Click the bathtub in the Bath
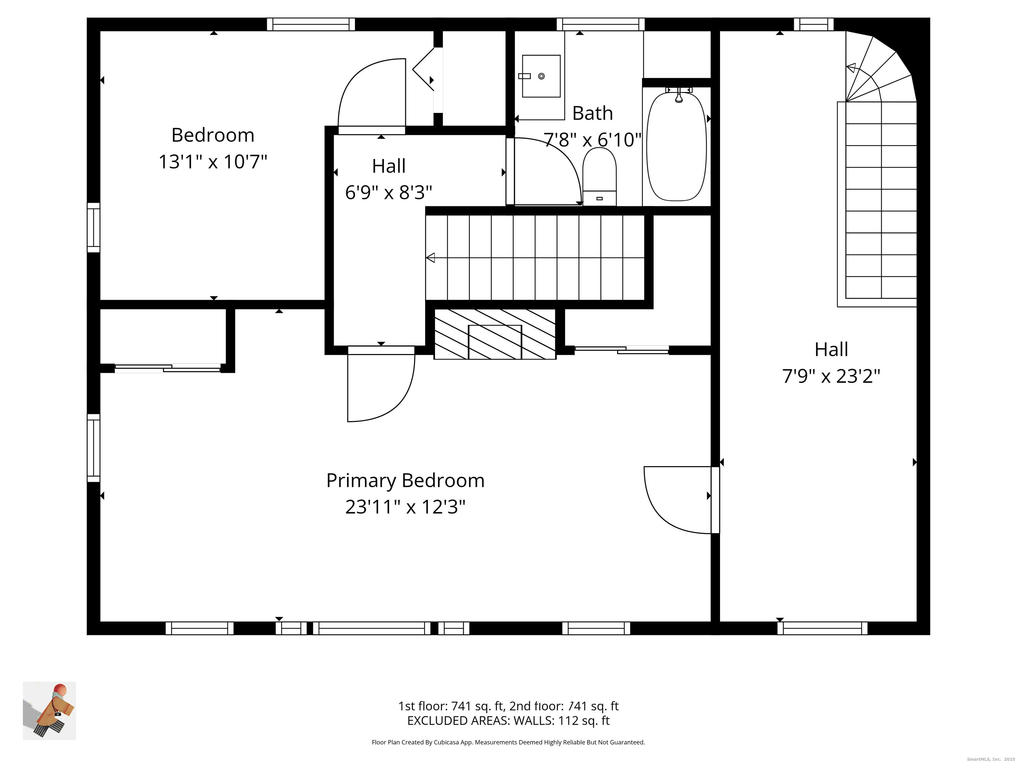pyautogui.click(x=676, y=146)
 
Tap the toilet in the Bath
pyautogui.click(x=599, y=177)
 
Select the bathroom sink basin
pyautogui.click(x=541, y=76)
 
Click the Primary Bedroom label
pyautogui.click(x=405, y=481)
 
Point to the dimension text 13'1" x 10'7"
pyautogui.click(x=213, y=162)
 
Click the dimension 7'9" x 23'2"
pyautogui.click(x=831, y=377)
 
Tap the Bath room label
pyautogui.click(x=592, y=113)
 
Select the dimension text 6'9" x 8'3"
pyautogui.click(x=389, y=193)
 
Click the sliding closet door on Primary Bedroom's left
pyautogui.click(x=168, y=368)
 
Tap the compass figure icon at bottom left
pyautogui.click(x=49, y=711)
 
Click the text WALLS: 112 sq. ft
pyautogui.click(x=561, y=721)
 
